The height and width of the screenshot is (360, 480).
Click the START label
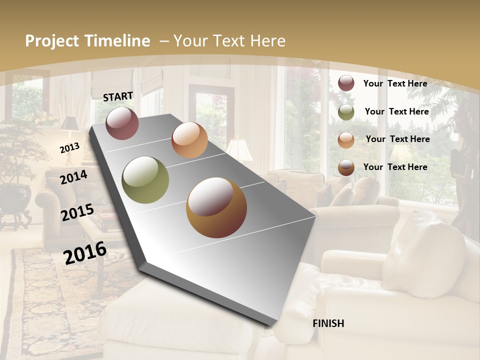[x=118, y=96]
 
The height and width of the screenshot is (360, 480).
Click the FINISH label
[x=328, y=323]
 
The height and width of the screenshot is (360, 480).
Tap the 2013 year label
[x=70, y=148]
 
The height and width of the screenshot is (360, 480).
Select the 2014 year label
[x=74, y=177]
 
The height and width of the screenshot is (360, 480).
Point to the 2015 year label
[x=77, y=212]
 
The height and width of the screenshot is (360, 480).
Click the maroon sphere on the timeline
[x=122, y=123]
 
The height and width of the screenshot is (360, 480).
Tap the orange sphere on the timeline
[x=189, y=140]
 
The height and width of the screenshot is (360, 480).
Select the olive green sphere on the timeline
[x=145, y=180]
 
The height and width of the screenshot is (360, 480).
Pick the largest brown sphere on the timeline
[x=216, y=207]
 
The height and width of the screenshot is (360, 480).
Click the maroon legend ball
[x=346, y=83]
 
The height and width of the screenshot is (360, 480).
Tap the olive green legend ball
[x=346, y=112]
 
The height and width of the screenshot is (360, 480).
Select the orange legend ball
[x=346, y=140]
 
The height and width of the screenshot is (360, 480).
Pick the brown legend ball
[x=346, y=168]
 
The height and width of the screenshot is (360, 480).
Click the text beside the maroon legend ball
[x=395, y=83]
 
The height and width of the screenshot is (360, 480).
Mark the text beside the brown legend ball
[x=395, y=167]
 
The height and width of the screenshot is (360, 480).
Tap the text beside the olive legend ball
[x=396, y=111]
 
